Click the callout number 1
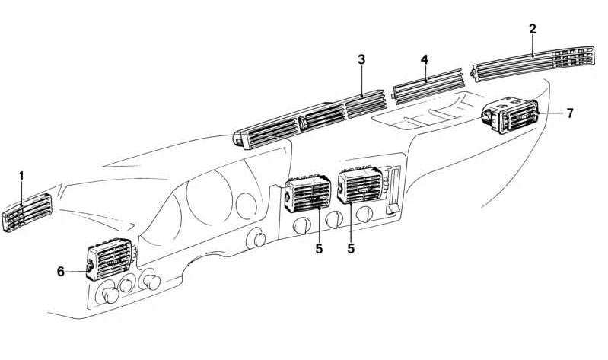pyautogui.click(x=21, y=177)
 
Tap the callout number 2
pyautogui.click(x=533, y=29)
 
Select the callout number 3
pyautogui.click(x=361, y=59)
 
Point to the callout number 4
pyautogui.click(x=425, y=59)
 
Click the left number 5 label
pyautogui.click(x=319, y=248)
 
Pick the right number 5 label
pyautogui.click(x=351, y=248)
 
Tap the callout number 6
pyautogui.click(x=62, y=270)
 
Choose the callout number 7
pyautogui.click(x=569, y=113)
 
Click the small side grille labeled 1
pyautogui.click(x=28, y=213)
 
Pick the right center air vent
pyautogui.click(x=359, y=186)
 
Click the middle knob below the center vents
pyautogui.click(x=333, y=219)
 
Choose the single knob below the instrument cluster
pyautogui.click(x=257, y=240)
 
